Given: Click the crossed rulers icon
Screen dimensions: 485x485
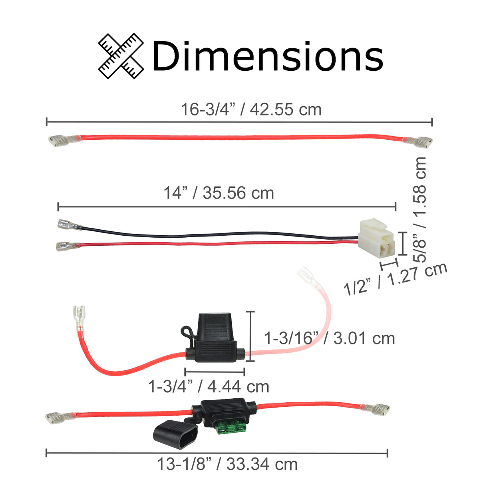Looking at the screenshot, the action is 121,56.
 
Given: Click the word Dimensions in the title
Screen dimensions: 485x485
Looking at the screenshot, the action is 268,56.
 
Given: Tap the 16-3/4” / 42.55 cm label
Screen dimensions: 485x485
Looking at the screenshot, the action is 251,109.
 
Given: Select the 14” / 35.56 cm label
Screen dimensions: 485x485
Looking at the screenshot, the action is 219,193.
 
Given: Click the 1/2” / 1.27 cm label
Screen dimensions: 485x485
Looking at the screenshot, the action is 396,279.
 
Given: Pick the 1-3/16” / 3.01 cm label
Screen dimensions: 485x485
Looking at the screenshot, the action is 329,338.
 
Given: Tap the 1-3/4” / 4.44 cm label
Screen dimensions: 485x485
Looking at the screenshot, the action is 209,386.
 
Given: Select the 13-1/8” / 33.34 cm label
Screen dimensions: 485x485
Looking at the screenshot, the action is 227,464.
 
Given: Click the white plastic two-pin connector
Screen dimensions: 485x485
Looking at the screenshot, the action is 376,238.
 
